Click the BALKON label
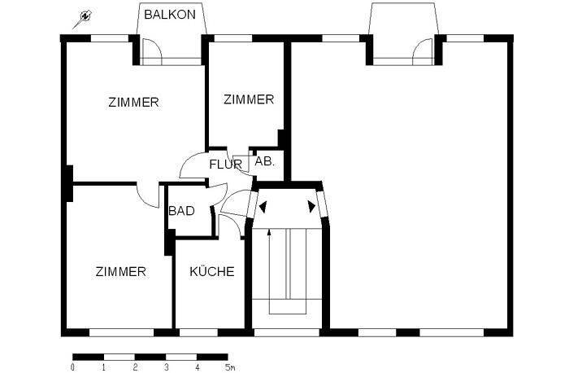170,15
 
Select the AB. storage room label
265,161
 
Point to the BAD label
181,211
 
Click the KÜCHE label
212,272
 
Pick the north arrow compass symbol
83,17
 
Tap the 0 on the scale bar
73,368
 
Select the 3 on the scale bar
166,368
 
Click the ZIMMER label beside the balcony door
133,103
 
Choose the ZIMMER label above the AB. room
249,99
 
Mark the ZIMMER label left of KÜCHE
120,272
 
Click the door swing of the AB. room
241,162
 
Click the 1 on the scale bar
104,368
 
